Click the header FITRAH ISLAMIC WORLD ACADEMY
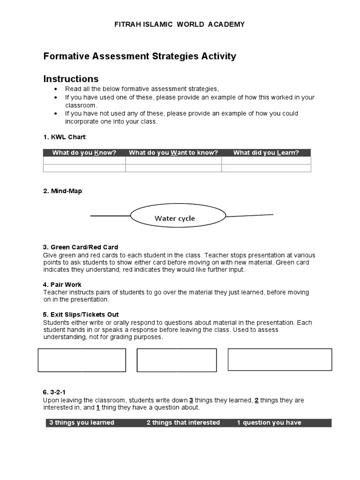pos(180,24)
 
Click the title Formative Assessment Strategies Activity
pos(140,57)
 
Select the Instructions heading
pos(71,79)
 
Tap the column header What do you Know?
pos(84,153)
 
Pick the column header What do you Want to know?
pos(173,153)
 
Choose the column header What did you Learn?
pos(266,153)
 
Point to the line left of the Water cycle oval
pos(110,216)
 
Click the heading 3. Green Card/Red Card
pos(81,247)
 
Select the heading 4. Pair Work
pos(62,285)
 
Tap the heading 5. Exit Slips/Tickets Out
pos(81,315)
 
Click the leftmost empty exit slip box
pos(82,360)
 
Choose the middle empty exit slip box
pos(177,360)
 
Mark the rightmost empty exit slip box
pos(280,360)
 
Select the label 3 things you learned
pos(82,423)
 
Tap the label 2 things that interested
pos(183,423)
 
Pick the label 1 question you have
pos(269,423)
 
